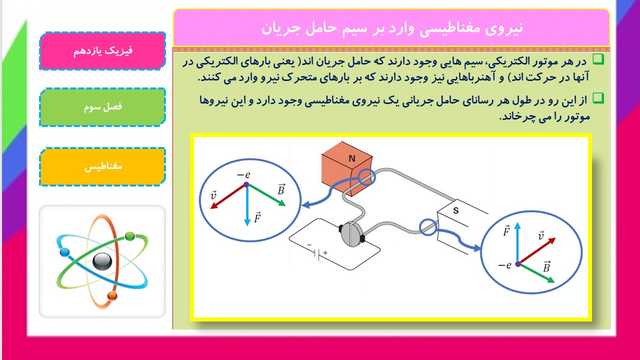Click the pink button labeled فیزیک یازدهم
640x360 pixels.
[102, 51]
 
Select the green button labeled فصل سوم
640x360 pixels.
[102, 107]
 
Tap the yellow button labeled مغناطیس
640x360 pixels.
[102, 167]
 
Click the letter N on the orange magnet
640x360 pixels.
[352, 158]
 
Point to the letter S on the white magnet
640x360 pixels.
[455, 210]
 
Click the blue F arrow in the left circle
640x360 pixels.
[247, 205]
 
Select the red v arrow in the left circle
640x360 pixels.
[228, 196]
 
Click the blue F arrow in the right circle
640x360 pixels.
[517, 243]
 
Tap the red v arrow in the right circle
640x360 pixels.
[536, 251]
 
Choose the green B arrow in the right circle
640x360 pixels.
[536, 273]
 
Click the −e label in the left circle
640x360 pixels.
[243, 174]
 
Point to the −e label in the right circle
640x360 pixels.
[504, 265]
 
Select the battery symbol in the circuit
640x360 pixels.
[317, 253]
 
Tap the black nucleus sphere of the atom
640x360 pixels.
[102, 261]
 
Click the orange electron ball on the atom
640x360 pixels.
[112, 295]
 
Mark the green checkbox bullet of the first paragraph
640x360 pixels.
[598, 59]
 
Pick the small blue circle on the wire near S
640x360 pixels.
[428, 227]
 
